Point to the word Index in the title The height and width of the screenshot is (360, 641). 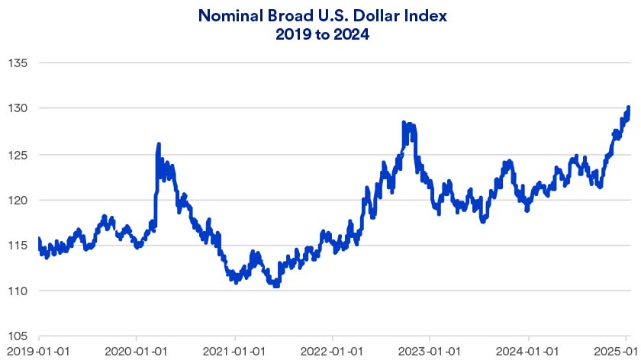(x=413, y=15)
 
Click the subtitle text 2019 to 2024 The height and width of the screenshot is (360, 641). (x=320, y=35)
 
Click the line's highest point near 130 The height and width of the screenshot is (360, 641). (x=628, y=108)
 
